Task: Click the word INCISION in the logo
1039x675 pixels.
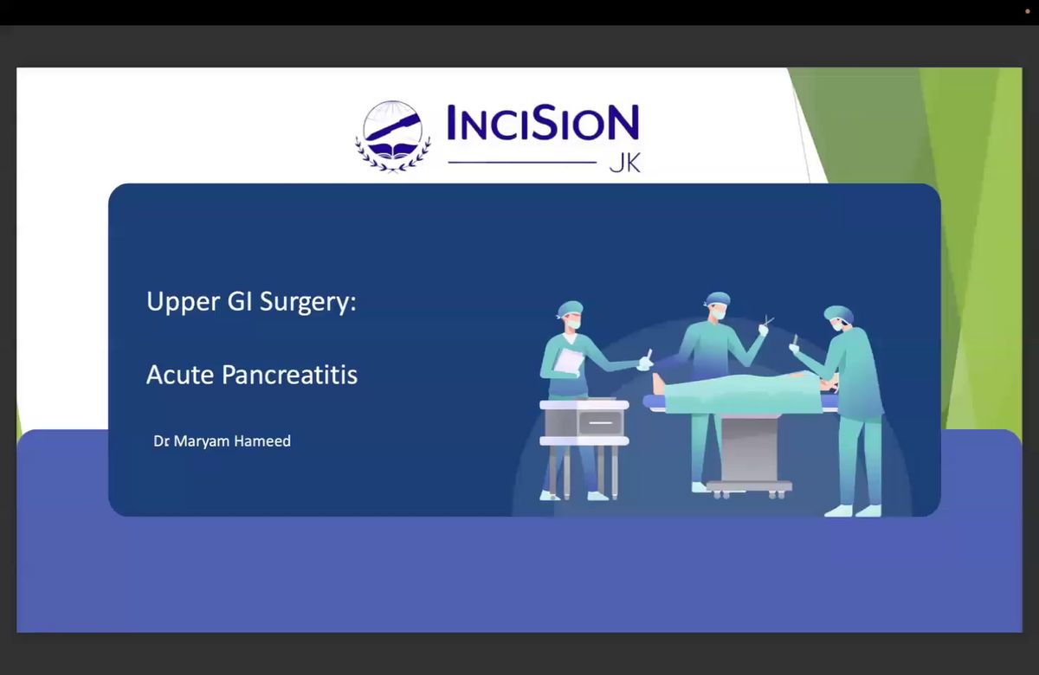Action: pyautogui.click(x=543, y=122)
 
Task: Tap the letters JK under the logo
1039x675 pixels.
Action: pyautogui.click(x=625, y=163)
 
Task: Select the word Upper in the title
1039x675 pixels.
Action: pyautogui.click(x=183, y=303)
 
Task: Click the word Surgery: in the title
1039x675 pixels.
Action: pyautogui.click(x=308, y=303)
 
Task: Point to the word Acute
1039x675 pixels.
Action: pyautogui.click(x=180, y=375)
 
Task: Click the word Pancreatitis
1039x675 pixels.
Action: pyautogui.click(x=290, y=375)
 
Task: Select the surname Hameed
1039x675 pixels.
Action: pyautogui.click(x=262, y=440)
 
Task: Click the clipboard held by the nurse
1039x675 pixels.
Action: pyautogui.click(x=568, y=361)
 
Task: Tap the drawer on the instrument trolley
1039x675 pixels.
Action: pyautogui.click(x=600, y=422)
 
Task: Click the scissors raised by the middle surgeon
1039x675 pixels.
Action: pyautogui.click(x=769, y=320)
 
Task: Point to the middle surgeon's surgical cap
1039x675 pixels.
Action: pyautogui.click(x=717, y=299)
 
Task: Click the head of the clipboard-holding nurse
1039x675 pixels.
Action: pyautogui.click(x=571, y=315)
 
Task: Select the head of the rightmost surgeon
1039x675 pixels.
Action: pyautogui.click(x=839, y=318)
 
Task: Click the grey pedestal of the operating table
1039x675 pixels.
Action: pyautogui.click(x=749, y=450)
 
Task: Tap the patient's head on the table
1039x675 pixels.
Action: pyautogui.click(x=658, y=384)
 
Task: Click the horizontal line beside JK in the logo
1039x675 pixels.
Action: pyautogui.click(x=522, y=163)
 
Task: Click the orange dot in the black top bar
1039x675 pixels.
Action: pyautogui.click(x=1028, y=11)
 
